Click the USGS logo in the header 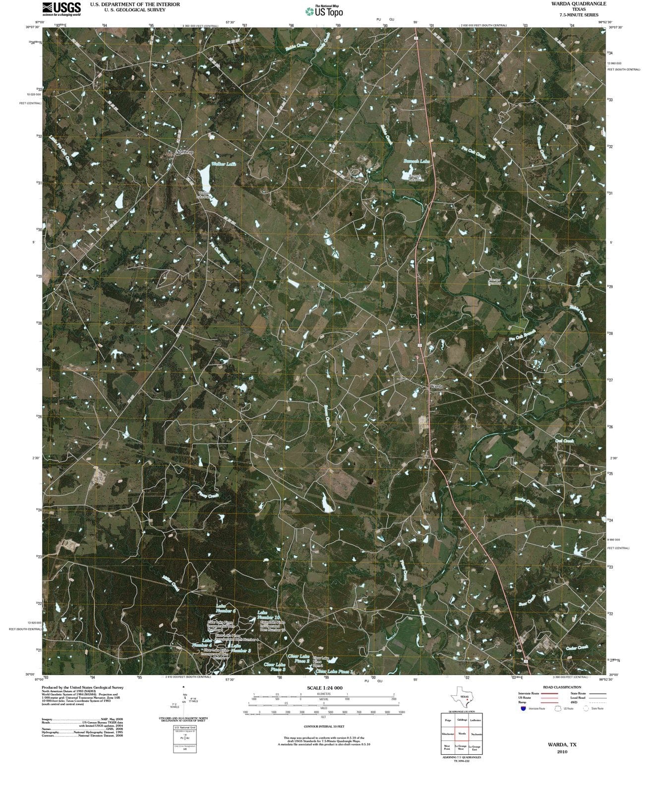(x=62, y=8)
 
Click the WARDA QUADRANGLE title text (x=579, y=4)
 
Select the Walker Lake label (x=223, y=164)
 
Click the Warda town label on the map (x=436, y=386)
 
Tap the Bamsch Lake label (x=416, y=162)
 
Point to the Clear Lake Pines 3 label (x=274, y=667)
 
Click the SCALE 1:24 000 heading (x=324, y=688)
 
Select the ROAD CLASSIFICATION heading (x=562, y=687)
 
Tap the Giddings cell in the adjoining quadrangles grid (x=462, y=720)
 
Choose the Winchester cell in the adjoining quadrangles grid (x=448, y=734)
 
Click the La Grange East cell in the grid (x=474, y=747)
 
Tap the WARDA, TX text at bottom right (x=562, y=744)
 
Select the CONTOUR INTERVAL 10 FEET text (x=324, y=726)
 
